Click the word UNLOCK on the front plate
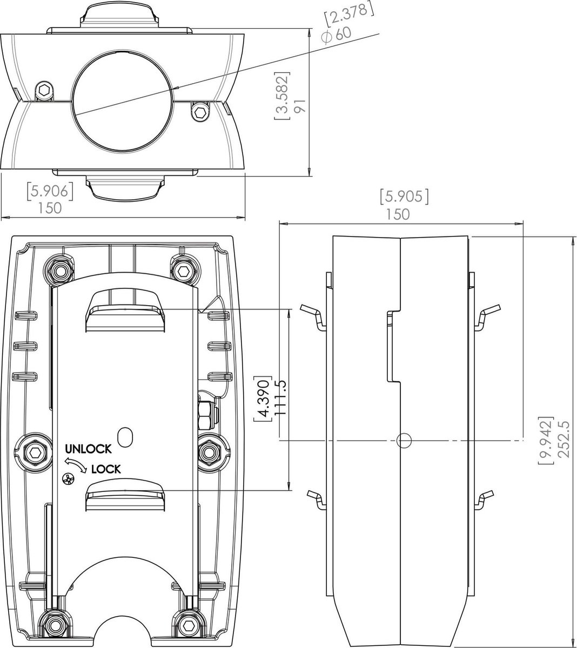[88, 449]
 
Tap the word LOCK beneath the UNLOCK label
[106, 469]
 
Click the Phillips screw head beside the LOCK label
[68, 478]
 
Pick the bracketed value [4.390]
[264, 398]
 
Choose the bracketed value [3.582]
[281, 95]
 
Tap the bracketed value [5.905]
[404, 197]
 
